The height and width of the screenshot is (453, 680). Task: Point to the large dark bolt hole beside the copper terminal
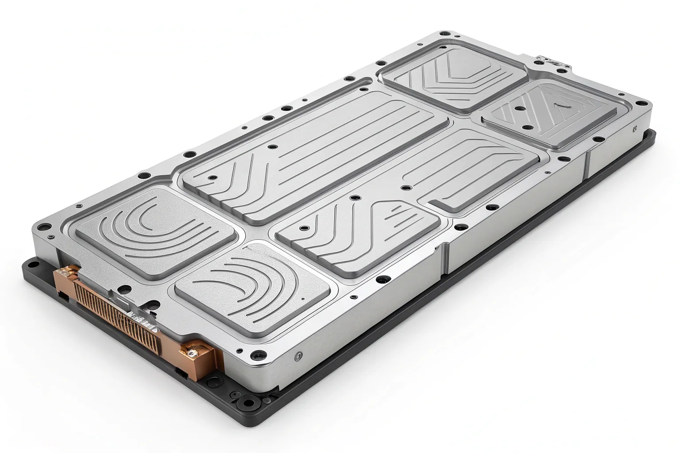[257, 355]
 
